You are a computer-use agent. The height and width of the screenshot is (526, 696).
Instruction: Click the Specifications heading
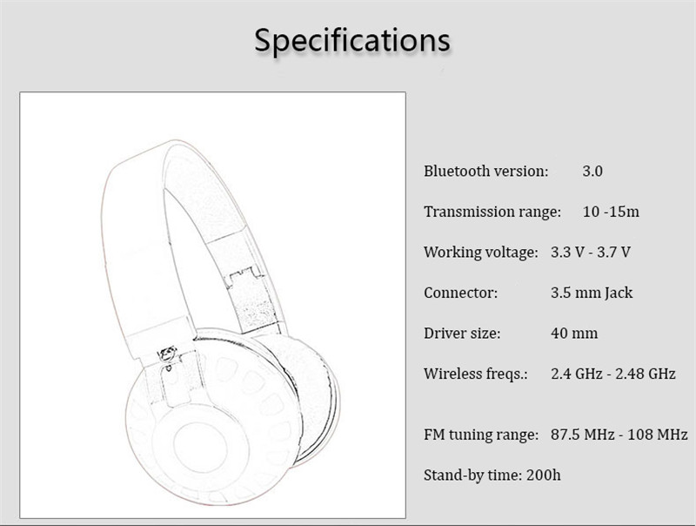pos(352,40)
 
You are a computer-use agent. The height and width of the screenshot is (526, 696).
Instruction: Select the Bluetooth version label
pos(486,171)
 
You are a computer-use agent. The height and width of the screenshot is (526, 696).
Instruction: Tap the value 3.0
pos(592,171)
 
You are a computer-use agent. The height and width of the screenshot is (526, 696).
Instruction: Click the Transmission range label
pos(492,212)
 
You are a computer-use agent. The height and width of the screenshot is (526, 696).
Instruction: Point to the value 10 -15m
pos(612,212)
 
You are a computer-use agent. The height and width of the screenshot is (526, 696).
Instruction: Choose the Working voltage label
pos(481,253)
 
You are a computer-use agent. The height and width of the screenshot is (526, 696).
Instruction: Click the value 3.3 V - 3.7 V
pos(591,253)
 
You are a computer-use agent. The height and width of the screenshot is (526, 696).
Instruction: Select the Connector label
pos(461,293)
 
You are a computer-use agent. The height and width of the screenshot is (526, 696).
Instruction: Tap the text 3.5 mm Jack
pos(592,293)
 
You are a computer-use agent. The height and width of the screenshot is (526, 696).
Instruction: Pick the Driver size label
pos(462,334)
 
